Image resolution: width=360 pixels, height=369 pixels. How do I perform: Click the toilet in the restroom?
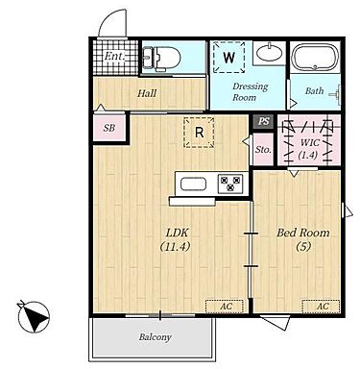click(x=161, y=58)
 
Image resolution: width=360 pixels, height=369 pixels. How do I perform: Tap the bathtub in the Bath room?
click(x=316, y=57)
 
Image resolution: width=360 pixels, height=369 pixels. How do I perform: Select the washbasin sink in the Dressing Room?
click(x=270, y=53)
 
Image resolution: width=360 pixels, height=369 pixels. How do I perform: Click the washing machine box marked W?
click(x=229, y=58)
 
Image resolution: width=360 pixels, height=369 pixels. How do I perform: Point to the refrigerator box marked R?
click(x=199, y=133)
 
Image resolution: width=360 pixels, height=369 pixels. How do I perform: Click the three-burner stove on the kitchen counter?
click(x=230, y=184)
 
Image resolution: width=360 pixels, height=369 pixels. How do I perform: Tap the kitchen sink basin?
click(x=193, y=184)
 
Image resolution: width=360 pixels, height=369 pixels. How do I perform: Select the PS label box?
click(x=263, y=122)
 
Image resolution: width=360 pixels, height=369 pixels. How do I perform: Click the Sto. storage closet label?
click(x=263, y=149)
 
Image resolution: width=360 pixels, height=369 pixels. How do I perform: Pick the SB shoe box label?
click(x=108, y=128)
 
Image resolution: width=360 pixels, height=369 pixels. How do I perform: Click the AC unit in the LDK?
click(x=225, y=307)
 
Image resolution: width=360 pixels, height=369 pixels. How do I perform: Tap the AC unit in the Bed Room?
click(x=321, y=307)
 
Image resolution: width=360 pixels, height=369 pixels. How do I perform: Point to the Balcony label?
click(x=156, y=337)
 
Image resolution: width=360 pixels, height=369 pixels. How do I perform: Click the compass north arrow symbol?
click(x=34, y=317)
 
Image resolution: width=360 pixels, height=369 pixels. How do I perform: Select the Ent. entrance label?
click(x=114, y=56)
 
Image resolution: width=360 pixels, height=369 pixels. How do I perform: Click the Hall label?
click(x=147, y=93)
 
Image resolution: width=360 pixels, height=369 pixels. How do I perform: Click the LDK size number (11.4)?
click(x=175, y=246)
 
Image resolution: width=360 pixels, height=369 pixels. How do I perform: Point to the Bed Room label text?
click(x=303, y=233)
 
